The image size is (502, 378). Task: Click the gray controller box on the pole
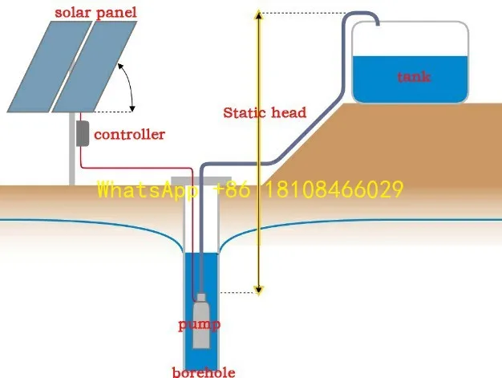point(82,132)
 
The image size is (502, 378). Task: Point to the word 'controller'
point(129,134)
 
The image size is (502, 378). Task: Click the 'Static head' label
point(265,112)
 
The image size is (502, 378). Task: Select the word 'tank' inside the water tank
point(414,77)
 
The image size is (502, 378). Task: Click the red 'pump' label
point(199,325)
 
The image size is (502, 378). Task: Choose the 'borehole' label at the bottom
point(204,372)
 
